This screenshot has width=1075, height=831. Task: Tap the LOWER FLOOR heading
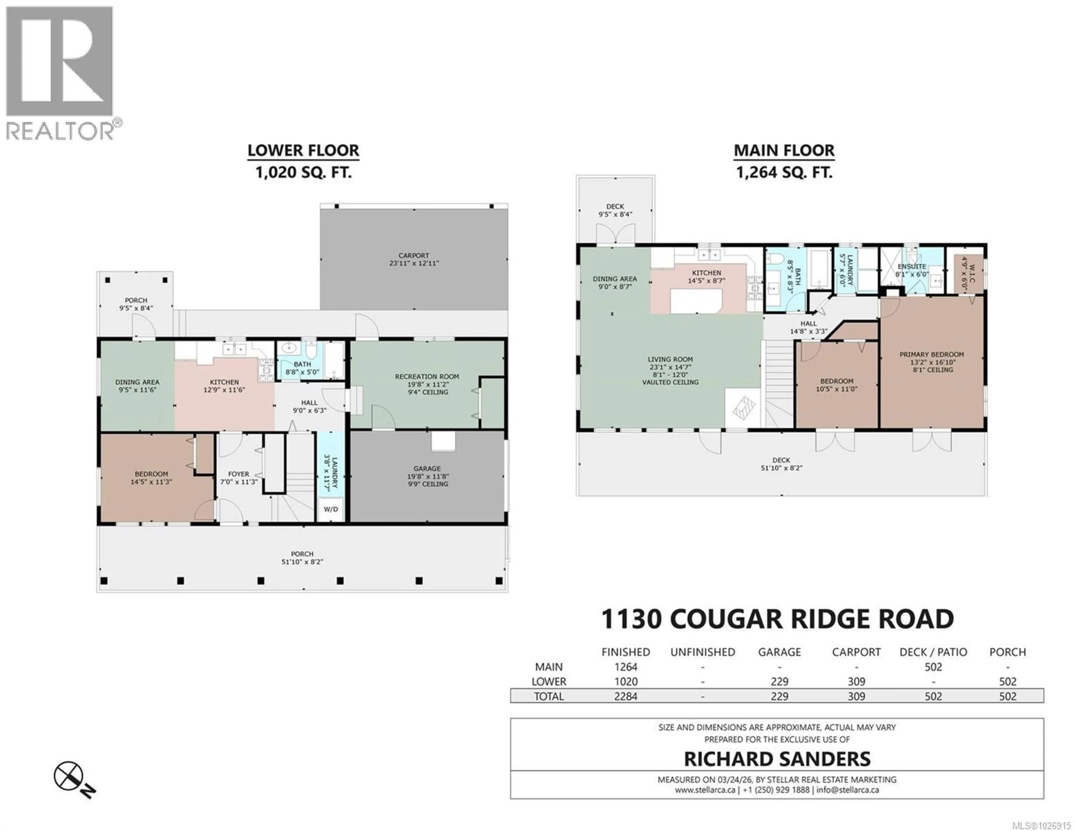click(x=303, y=150)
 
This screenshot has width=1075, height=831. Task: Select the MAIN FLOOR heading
click(x=784, y=150)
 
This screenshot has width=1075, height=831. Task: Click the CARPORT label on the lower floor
click(x=413, y=259)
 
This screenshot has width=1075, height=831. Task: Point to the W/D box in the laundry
click(x=331, y=509)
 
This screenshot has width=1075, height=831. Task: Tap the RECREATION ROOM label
click(x=427, y=384)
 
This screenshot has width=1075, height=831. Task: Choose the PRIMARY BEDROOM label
click(x=931, y=362)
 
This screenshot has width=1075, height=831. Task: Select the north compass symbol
click(x=69, y=775)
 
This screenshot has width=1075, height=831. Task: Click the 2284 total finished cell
click(x=626, y=696)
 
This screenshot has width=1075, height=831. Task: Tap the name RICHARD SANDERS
click(x=777, y=759)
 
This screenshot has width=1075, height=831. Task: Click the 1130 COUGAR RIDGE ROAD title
click(x=777, y=619)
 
